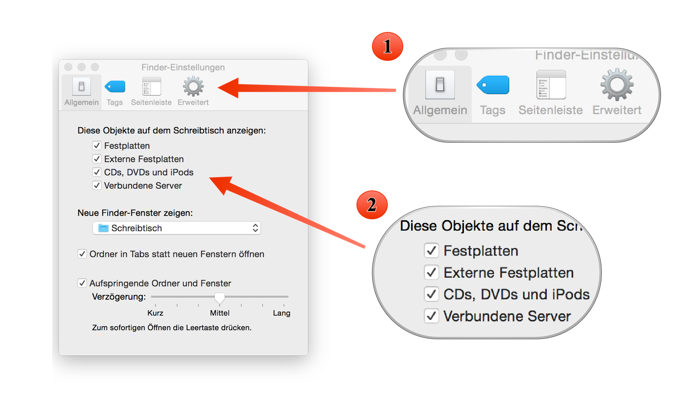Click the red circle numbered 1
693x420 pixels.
point(387,46)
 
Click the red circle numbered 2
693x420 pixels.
point(372,205)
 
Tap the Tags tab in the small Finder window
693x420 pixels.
point(115,91)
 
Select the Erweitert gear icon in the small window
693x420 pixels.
point(193,87)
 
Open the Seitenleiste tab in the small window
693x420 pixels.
point(151,91)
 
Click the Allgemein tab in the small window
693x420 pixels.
point(82,91)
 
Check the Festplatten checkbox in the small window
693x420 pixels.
point(97,146)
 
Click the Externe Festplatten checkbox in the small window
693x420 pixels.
point(97,159)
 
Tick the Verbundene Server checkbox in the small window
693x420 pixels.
point(97,186)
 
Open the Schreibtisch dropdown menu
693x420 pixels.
point(177,228)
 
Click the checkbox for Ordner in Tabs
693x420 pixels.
point(82,254)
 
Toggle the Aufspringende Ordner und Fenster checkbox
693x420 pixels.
point(82,283)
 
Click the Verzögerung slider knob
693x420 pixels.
point(220,298)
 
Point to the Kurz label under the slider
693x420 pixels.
point(155,313)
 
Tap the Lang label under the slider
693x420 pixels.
point(281,313)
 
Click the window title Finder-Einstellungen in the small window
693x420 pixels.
point(183,67)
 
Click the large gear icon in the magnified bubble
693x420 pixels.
point(617,85)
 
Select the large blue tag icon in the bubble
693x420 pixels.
point(493,85)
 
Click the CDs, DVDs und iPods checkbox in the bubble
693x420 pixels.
point(431,294)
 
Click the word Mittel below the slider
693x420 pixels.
point(220,313)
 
